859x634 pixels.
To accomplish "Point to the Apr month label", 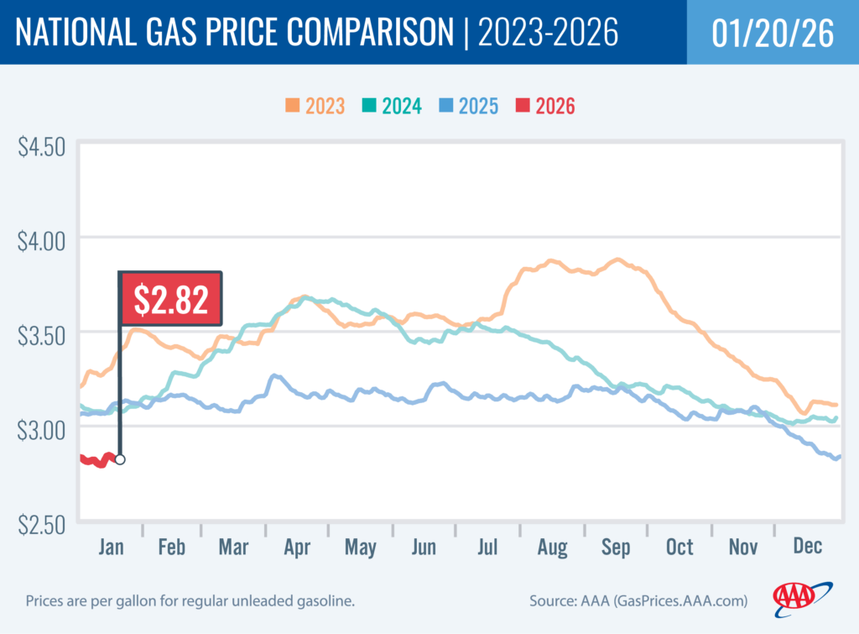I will tap(298, 548).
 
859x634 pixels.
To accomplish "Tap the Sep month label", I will tap(616, 548).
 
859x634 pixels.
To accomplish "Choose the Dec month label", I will tap(806, 548).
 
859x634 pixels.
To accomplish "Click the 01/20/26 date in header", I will tap(772, 33).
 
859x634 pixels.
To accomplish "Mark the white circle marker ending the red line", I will tap(120, 459).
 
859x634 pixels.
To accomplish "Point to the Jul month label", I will tap(488, 548).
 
